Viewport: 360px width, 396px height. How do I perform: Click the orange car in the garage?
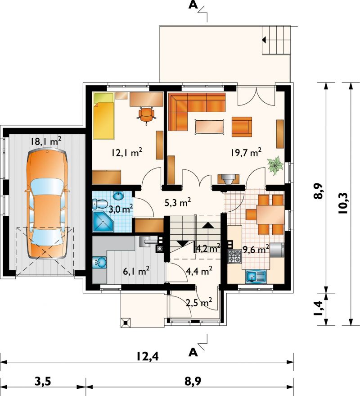point(46,204)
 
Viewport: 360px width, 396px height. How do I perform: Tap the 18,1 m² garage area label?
point(46,141)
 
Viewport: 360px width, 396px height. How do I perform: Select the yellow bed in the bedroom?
point(103,116)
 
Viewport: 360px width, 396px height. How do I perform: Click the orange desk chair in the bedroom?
point(146,115)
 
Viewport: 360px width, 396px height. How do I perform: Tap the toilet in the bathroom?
point(100,204)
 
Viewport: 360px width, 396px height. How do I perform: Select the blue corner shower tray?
point(103,222)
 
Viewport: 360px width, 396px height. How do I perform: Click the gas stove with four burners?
point(235,256)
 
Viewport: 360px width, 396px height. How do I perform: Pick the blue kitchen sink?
point(256,276)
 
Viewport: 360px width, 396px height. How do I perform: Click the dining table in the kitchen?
point(270,214)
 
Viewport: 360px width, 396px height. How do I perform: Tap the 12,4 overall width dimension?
point(148,356)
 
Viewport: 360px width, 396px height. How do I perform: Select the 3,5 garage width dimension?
point(42,381)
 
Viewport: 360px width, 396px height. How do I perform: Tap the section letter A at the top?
point(193,5)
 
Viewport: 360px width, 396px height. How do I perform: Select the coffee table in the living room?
point(209,127)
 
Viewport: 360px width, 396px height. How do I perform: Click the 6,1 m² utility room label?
point(136,271)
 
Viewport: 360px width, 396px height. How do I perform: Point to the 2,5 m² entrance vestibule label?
point(198,302)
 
